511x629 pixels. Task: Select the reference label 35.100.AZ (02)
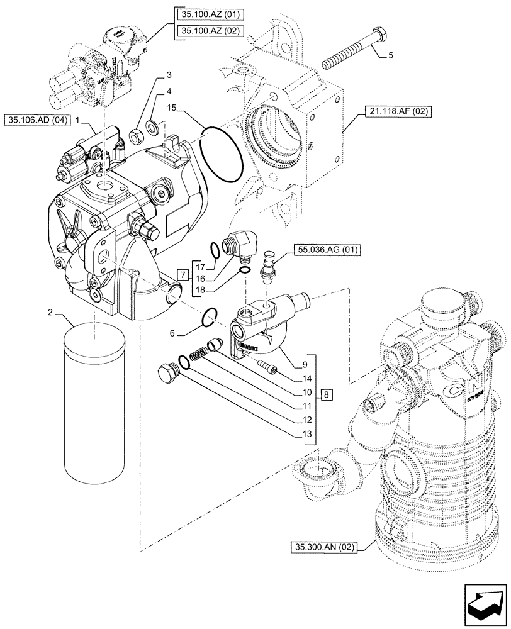pyautogui.click(x=205, y=30)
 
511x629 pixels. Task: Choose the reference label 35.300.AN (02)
pyautogui.click(x=323, y=547)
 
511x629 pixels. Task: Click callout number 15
pyautogui.click(x=172, y=108)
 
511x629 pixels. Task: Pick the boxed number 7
pyautogui.click(x=182, y=274)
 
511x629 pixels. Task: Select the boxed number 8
pyautogui.click(x=327, y=395)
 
